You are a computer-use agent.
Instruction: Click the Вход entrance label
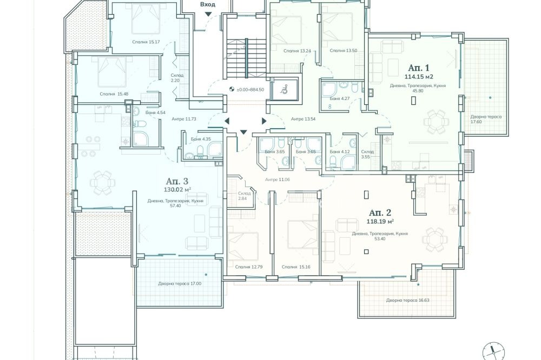click(208, 4)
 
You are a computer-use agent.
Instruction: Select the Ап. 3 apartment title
click(177, 181)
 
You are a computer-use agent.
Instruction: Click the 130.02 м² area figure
click(178, 189)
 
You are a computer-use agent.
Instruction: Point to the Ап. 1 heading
click(419, 68)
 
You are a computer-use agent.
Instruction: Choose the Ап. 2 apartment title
click(380, 213)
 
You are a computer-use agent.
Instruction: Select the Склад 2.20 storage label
click(177, 78)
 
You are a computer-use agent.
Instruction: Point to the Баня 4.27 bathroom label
click(340, 98)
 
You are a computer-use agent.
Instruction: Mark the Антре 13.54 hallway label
click(304, 119)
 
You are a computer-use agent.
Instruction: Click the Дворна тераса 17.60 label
click(486, 119)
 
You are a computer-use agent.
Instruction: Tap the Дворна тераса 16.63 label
click(407, 301)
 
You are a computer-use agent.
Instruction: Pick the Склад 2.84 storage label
click(244, 196)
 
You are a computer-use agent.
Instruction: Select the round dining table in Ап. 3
click(102, 183)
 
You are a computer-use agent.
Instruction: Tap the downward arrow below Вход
click(208, 14)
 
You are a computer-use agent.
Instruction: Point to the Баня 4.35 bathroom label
click(201, 139)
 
